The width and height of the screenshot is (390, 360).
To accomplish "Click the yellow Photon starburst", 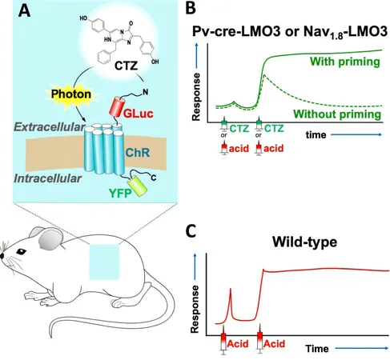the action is tap(71, 94).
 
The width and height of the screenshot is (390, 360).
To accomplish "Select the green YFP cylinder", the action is tap(137, 186).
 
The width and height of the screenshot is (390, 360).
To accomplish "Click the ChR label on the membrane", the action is tap(138, 153).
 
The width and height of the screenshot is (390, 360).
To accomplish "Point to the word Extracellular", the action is tap(50, 127).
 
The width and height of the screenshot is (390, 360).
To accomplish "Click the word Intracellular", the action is tap(47, 178).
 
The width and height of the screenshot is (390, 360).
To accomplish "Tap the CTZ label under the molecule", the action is tap(126, 66).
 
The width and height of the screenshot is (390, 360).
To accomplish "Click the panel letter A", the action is tap(24, 11).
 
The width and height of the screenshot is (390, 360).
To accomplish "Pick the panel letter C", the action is tap(191, 231).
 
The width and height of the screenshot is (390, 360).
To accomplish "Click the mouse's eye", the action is tap(21, 251).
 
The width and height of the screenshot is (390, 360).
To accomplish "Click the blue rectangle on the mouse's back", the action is tap(104, 262).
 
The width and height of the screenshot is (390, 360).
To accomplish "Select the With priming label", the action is tap(345, 62).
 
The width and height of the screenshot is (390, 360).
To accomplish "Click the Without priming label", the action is tap(337, 114).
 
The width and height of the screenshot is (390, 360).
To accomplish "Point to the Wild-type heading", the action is tap(304, 242).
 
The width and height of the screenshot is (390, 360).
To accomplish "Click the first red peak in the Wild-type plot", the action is tap(231, 289).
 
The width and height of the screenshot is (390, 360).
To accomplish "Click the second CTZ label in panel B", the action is tap(274, 129).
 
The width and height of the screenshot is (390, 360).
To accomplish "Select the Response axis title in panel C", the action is tap(195, 309).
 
